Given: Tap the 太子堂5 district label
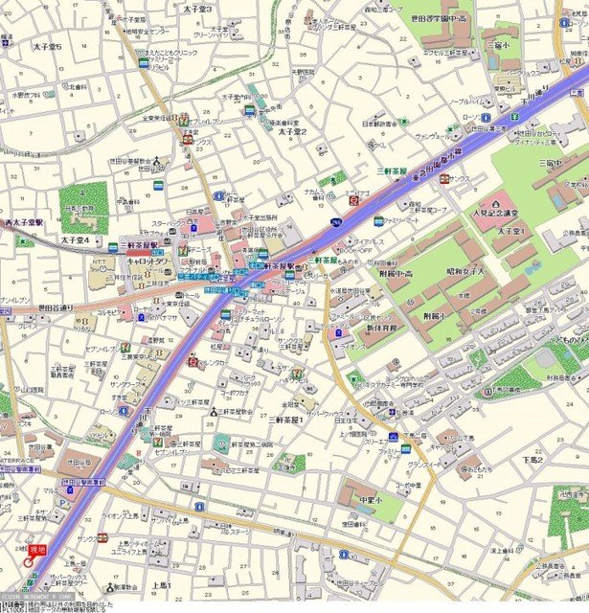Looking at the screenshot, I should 47,47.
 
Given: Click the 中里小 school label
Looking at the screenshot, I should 371,499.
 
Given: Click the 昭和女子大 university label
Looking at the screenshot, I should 479,273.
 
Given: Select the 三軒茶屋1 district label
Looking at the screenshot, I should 286,420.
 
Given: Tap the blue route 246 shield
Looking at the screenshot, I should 335,223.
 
